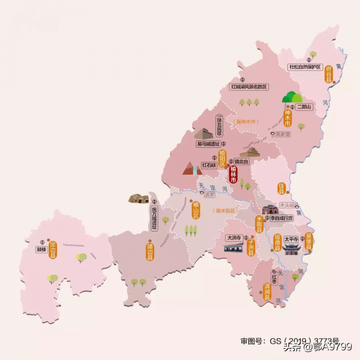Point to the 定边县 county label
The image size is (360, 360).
(52, 247)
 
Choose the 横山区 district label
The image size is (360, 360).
(195, 209)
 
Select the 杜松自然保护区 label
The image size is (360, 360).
(305, 67)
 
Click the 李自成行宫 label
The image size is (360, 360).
(281, 219)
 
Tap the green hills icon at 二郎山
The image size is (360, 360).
(293, 97)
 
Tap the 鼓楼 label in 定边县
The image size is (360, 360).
(41, 248)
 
